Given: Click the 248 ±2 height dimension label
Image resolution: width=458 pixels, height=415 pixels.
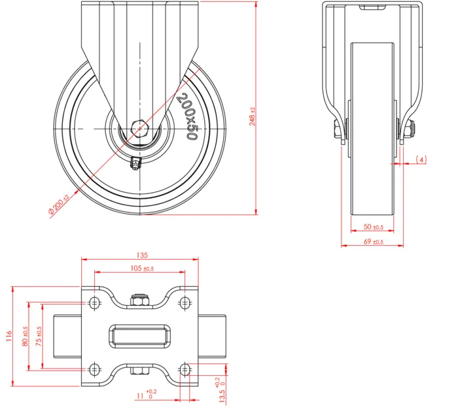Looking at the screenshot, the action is click(253, 116).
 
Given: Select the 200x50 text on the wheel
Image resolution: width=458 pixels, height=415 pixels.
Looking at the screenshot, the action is click(188, 116).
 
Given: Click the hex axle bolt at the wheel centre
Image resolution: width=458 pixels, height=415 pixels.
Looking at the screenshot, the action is click(140, 128).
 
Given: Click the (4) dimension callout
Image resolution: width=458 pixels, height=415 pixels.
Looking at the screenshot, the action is click(421, 159).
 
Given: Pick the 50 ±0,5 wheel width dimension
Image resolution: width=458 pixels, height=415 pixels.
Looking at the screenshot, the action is click(374, 227).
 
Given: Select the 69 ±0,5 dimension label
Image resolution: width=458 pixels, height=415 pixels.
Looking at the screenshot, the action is click(374, 242).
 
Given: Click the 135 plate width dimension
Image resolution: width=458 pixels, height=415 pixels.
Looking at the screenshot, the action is click(142, 255).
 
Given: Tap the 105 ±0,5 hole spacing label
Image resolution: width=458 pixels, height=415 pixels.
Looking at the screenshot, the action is click(142, 268).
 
